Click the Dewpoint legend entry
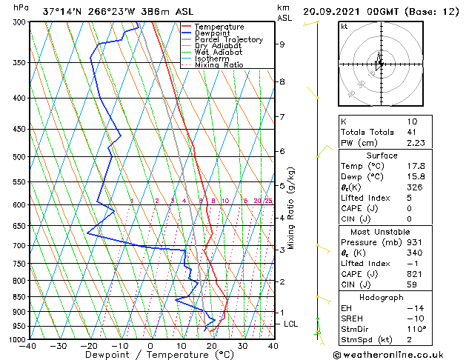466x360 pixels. [211, 33]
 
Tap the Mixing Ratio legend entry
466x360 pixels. [219, 65]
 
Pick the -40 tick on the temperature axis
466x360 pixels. [28, 345]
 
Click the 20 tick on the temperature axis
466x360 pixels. [212, 345]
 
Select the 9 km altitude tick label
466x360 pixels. [282, 44]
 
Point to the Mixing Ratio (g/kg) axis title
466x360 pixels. [292, 208]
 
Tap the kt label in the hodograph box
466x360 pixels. [344, 26]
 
